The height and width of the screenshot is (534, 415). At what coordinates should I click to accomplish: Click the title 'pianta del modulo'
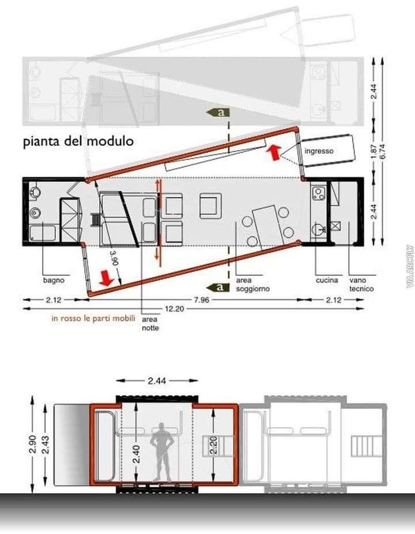pyautogui.click(x=78, y=141)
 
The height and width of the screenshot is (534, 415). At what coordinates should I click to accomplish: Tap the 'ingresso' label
pyautogui.click(x=319, y=151)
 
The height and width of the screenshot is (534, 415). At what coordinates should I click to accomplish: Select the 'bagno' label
pyautogui.click(x=54, y=281)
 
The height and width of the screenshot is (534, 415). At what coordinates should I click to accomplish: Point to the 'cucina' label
pyautogui.click(x=327, y=281)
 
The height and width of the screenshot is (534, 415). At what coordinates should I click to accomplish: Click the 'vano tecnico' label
pyautogui.click(x=361, y=285)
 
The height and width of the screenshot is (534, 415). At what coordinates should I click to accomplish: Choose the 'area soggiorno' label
pyautogui.click(x=253, y=285)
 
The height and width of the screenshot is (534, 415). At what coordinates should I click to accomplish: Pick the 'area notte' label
pyautogui.click(x=150, y=324)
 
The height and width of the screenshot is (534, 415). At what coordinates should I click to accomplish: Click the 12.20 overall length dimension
pyautogui.click(x=175, y=309)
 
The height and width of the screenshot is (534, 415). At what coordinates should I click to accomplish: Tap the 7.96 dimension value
pyautogui.click(x=202, y=300)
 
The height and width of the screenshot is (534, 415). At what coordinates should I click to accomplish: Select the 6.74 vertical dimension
pyautogui.click(x=382, y=152)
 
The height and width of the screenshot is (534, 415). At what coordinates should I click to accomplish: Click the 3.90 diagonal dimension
pyautogui.click(x=115, y=258)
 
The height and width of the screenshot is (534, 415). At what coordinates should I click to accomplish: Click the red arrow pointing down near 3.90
pyautogui.click(x=107, y=278)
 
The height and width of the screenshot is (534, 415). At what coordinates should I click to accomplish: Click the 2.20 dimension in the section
pyautogui.click(x=214, y=445)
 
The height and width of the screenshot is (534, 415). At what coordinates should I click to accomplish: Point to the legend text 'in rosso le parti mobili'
pyautogui.click(x=93, y=319)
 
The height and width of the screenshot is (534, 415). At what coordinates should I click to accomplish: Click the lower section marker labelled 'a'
pyautogui.click(x=218, y=287)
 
